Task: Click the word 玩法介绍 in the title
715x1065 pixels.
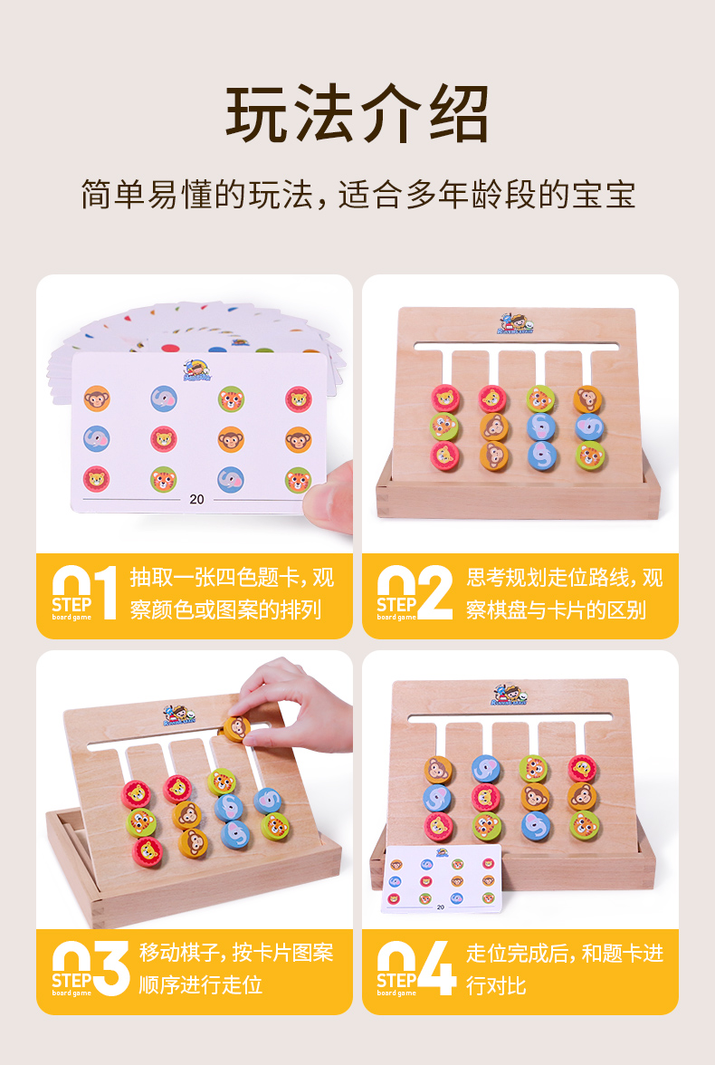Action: [x=357, y=115]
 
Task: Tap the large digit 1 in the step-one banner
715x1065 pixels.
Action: [x=105, y=593]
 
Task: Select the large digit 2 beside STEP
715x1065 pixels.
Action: [x=435, y=593]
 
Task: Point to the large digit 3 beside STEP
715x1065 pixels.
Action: [x=112, y=968]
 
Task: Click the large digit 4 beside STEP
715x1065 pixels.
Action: [x=438, y=968]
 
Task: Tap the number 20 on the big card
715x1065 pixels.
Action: [x=196, y=499]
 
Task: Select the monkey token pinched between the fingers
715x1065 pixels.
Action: [x=235, y=727]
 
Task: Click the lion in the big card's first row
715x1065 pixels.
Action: [x=298, y=398]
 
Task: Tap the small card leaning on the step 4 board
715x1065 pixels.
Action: [x=441, y=878]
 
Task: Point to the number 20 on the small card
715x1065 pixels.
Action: [x=441, y=906]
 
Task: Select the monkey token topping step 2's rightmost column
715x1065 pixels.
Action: [x=587, y=398]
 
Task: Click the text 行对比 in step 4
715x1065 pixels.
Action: [x=496, y=985]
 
